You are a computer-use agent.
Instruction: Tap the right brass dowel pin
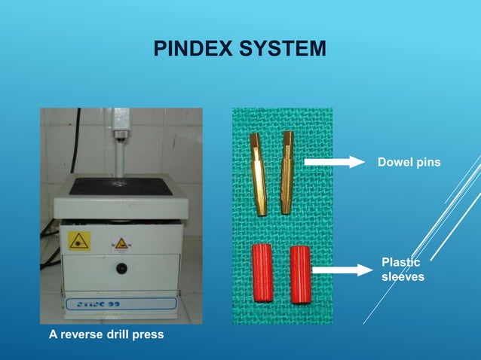tap(287, 172)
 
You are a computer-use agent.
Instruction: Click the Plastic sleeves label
tap(403, 270)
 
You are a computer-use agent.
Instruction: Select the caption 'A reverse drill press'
tap(102, 333)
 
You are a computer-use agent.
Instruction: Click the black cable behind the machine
tap(49, 241)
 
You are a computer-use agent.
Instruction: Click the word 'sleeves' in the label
tap(403, 277)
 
